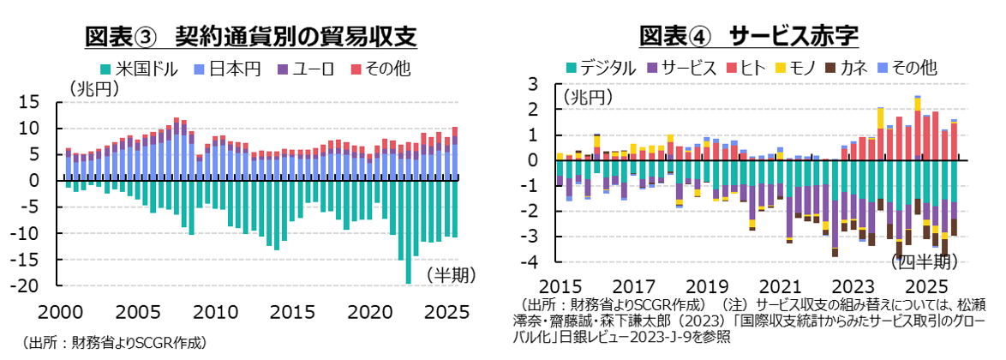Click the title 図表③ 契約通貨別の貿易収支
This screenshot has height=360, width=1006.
pos(250,36)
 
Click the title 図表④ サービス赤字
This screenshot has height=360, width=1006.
pos(749,36)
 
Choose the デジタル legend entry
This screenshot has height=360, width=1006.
pos(600,67)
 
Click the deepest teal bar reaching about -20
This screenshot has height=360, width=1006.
pos(409,231)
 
